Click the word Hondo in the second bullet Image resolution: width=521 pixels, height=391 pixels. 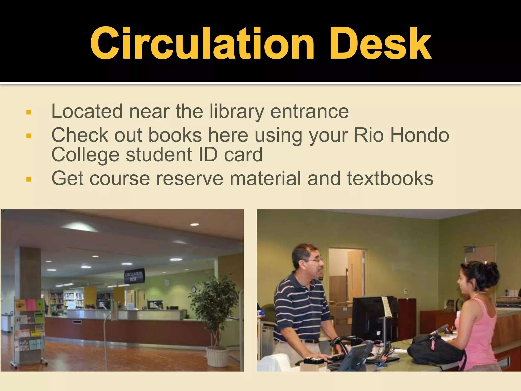click(420, 135)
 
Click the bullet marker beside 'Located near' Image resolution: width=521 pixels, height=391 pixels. click(29, 112)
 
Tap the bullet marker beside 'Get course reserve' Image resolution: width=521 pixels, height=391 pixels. click(29, 179)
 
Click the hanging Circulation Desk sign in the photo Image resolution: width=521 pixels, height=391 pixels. click(134, 276)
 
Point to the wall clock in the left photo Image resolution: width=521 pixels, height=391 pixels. click(194, 289)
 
